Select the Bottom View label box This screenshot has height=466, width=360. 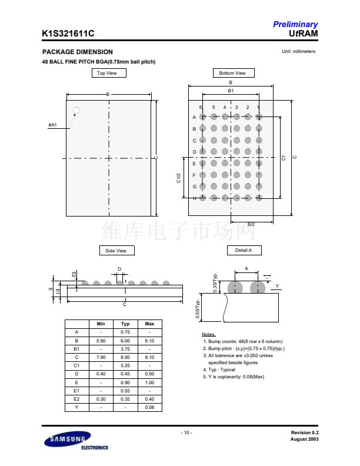tap(232, 73)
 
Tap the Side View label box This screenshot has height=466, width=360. tap(116, 251)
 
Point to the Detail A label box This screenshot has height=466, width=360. tap(244, 250)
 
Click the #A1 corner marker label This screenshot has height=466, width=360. tap(52, 125)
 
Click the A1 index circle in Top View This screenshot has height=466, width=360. tap(76, 111)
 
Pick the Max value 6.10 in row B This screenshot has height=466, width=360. tap(149, 341)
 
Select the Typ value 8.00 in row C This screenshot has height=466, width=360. tap(125, 357)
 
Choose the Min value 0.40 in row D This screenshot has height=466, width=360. tap(101, 374)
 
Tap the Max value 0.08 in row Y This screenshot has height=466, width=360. tap(149, 407)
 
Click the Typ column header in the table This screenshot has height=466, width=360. tap(125, 324)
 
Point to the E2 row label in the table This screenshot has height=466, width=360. tap(76, 399)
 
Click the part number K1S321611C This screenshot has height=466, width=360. tap(68, 35)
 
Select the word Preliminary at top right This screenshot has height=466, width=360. tap(295, 25)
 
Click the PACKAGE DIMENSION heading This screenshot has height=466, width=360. tap(78, 52)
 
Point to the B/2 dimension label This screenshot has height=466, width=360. tap(251, 224)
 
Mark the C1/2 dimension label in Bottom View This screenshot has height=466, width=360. tap(179, 178)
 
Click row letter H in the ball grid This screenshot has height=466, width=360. tap(194, 199)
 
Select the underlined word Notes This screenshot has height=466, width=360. tap(208, 334)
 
